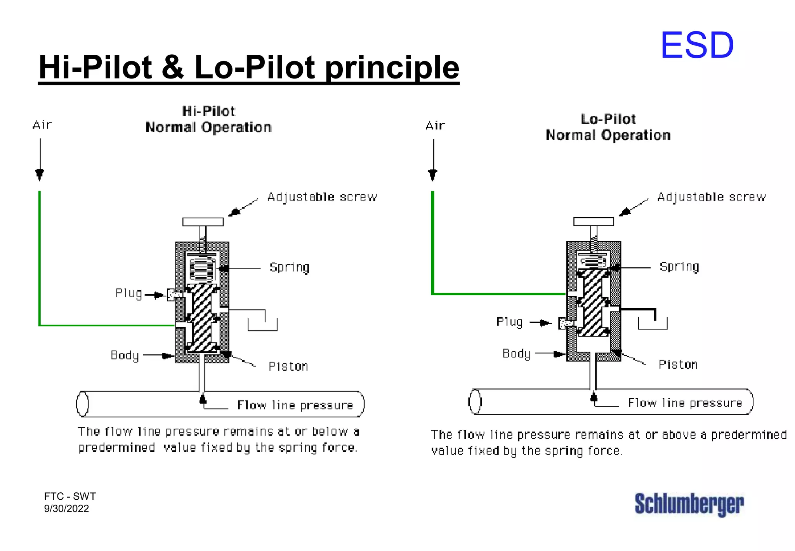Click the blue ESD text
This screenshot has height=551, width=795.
[697, 45]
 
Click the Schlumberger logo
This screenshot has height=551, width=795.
[689, 504]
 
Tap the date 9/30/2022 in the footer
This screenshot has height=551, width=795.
[66, 509]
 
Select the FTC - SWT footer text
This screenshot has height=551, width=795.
[70, 496]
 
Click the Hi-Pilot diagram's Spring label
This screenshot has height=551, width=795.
[290, 267]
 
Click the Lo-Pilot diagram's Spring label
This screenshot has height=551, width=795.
[679, 267]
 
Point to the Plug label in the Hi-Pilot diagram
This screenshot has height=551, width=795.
[128, 293]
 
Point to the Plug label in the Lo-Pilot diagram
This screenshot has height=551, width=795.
[509, 322]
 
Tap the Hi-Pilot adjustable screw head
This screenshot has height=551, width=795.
[203, 222]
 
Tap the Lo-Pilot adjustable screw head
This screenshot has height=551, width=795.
[594, 221]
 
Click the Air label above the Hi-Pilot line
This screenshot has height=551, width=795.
[42, 125]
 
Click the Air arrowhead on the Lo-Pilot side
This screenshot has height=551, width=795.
[432, 175]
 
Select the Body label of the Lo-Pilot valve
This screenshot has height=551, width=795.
[516, 354]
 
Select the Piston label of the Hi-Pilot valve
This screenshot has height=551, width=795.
[288, 366]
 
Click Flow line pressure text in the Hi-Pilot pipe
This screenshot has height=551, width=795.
[295, 405]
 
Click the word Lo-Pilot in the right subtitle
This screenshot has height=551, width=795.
[608, 119]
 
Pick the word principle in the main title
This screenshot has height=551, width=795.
[392, 68]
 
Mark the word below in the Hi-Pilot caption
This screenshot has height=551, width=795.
[330, 432]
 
